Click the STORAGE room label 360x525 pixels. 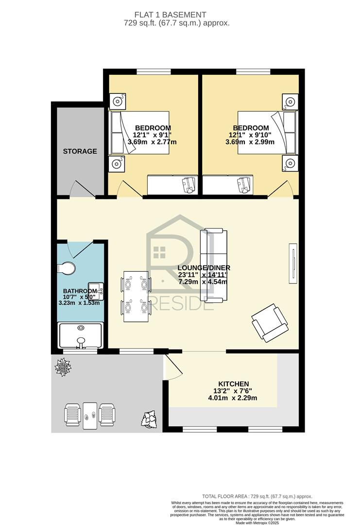(80, 151)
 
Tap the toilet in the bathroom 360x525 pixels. (66, 268)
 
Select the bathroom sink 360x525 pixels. (96, 291)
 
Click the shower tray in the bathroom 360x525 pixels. (80, 335)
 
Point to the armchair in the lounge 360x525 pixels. (270, 323)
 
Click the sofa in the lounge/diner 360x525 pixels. (213, 265)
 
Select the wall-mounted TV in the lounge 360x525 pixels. (293, 264)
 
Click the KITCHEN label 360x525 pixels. (234, 384)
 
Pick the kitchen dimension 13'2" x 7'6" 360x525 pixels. (233, 391)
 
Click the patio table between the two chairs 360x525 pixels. (90, 416)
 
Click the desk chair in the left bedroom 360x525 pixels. (189, 185)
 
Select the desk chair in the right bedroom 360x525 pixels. (244, 185)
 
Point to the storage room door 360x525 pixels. (83, 189)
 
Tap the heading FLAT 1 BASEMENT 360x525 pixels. (171, 15)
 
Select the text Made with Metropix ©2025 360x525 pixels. (257, 522)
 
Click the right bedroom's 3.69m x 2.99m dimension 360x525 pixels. (250, 142)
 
